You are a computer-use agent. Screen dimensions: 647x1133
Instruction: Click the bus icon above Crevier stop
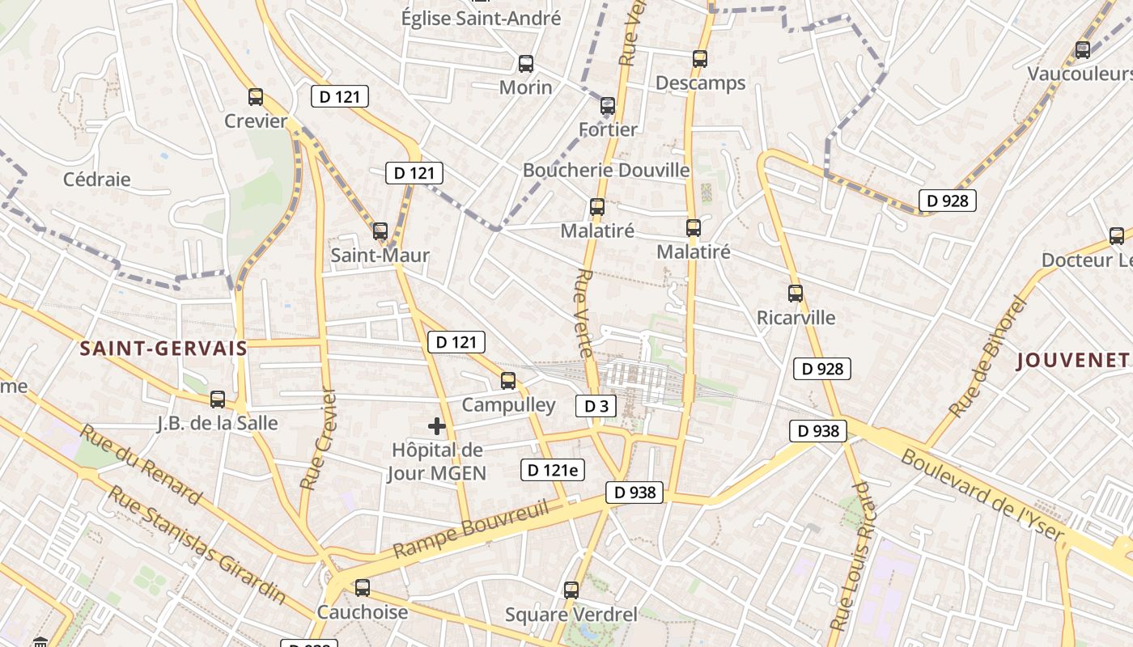[x=256, y=97]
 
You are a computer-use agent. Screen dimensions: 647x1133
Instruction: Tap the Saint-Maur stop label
[x=380, y=256]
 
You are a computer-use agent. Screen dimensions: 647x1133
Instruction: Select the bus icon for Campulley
[x=508, y=380]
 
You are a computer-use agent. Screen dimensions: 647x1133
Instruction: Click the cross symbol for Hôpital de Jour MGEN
[x=437, y=426]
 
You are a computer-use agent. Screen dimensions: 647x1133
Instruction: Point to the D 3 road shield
[x=596, y=406]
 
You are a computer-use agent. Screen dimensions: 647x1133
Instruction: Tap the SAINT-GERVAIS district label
[x=163, y=349]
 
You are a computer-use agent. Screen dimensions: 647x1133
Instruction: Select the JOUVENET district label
[x=1073, y=361]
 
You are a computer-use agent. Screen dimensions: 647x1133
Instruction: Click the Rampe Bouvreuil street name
[x=472, y=530]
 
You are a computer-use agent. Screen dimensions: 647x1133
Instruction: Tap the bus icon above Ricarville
[x=796, y=294]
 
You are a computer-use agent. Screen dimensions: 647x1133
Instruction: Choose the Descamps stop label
[x=700, y=83]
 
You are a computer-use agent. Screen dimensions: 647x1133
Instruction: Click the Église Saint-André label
[x=482, y=18]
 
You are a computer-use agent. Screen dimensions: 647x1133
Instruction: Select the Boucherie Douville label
[x=606, y=171]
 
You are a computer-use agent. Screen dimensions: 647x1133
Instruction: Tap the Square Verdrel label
[x=571, y=615]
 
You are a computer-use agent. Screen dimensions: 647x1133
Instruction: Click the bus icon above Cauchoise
[x=363, y=588]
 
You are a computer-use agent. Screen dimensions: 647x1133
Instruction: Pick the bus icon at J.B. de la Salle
[x=218, y=399]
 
